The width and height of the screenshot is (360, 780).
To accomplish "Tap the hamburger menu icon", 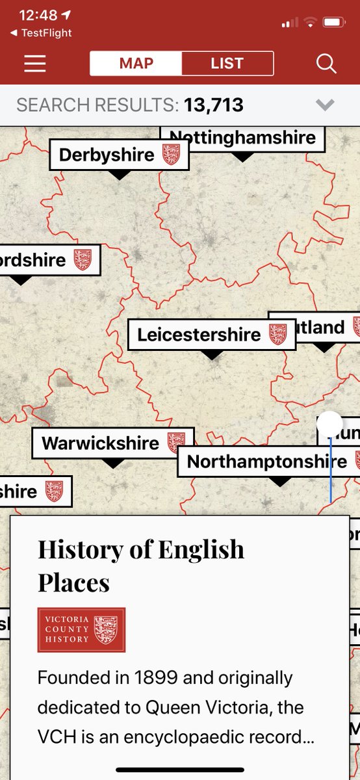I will click(35, 63).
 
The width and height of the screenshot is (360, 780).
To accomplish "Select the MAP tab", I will click(136, 63).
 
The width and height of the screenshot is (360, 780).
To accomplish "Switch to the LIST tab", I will click(227, 63).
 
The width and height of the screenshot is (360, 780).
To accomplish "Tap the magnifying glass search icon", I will click(326, 63).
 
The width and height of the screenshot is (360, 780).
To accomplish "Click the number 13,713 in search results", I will click(213, 105).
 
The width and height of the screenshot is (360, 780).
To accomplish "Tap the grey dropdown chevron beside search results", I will click(325, 105).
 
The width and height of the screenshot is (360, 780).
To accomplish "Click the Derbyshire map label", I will click(107, 155).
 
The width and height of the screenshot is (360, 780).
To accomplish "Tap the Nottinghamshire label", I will click(242, 138).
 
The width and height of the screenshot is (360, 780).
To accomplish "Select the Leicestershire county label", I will click(199, 335).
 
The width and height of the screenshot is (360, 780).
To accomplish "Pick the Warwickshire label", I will click(100, 443).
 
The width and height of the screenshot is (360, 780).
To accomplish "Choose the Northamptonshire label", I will click(266, 461).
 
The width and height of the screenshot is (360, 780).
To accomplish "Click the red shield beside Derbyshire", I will click(171, 155).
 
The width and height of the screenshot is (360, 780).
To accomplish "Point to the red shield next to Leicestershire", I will click(277, 335).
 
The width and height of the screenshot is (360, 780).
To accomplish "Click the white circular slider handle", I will click(330, 424).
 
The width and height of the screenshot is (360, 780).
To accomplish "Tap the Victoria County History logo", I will click(81, 629).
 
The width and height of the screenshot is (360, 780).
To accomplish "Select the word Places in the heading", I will click(73, 582).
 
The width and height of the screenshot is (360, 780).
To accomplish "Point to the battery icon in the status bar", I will click(334, 23).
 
